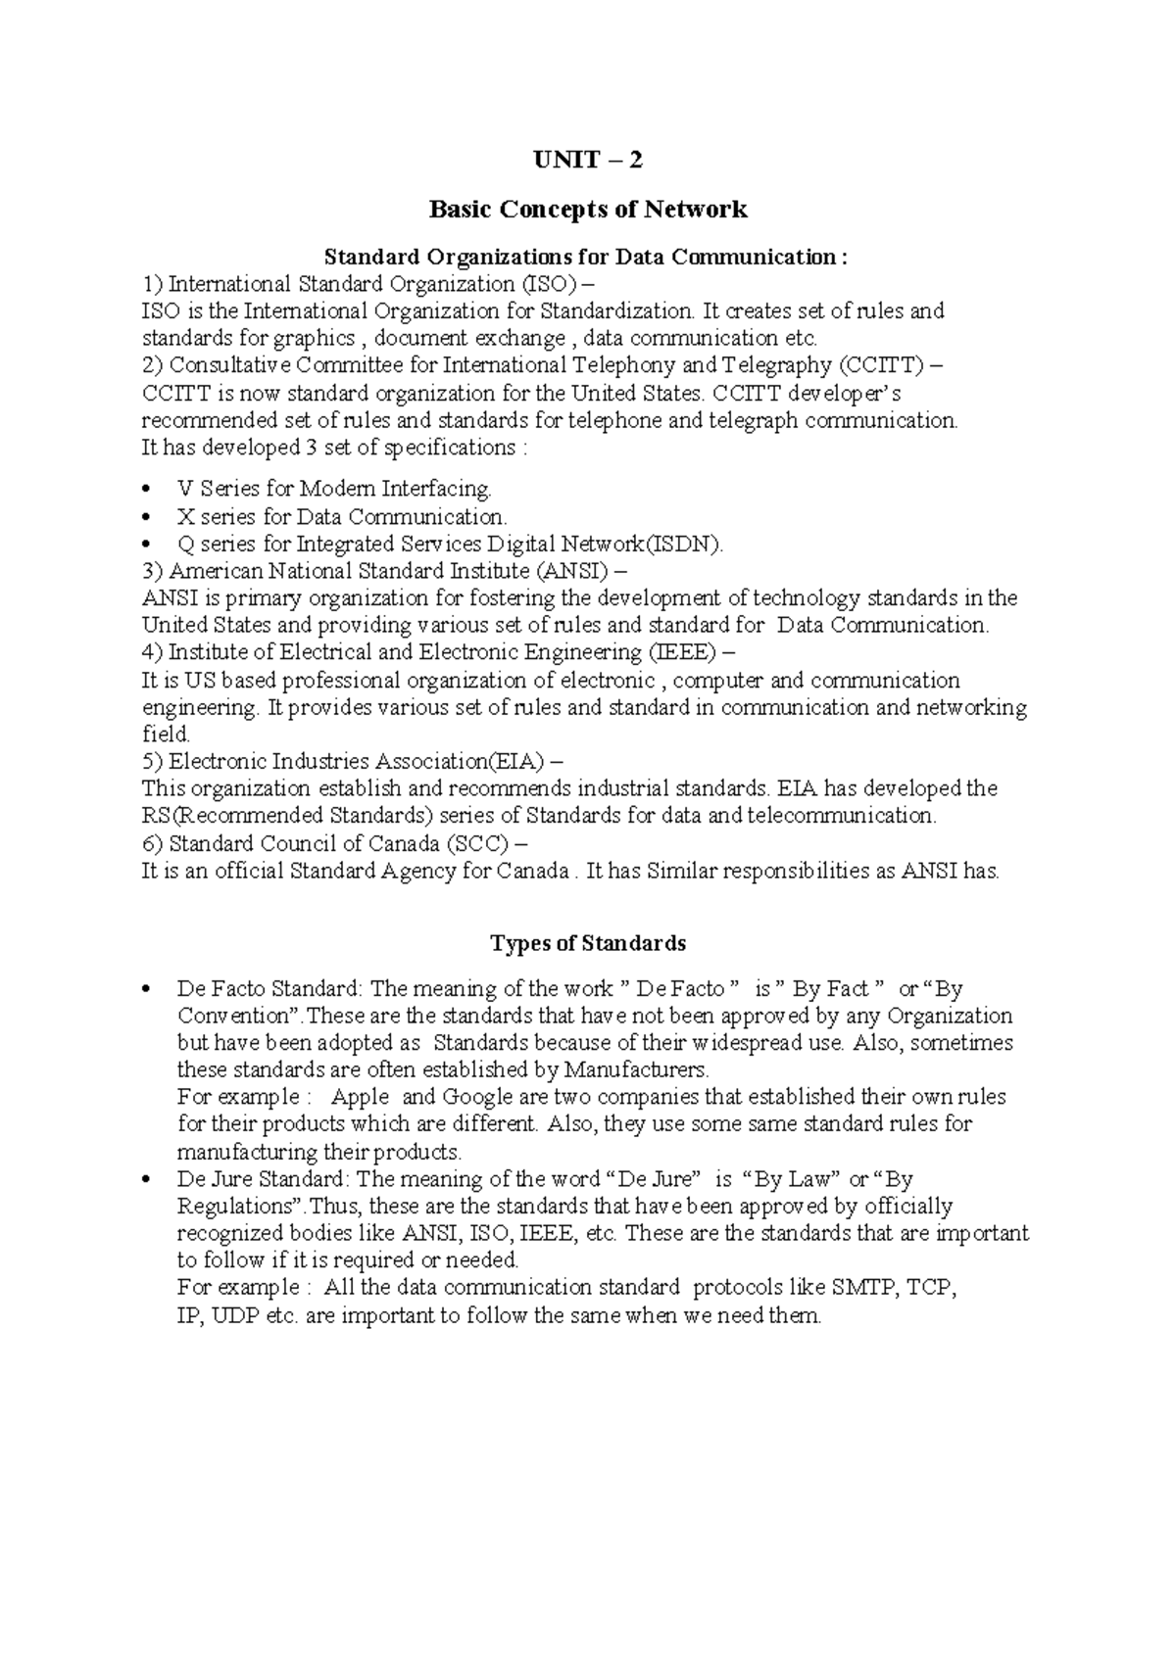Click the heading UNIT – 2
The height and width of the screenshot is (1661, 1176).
click(587, 160)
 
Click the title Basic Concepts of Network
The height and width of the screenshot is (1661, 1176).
click(588, 209)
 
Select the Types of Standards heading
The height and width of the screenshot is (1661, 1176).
click(587, 943)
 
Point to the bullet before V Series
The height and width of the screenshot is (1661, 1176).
click(146, 489)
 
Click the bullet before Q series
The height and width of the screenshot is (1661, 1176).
click(146, 544)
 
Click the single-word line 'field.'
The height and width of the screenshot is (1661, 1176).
click(166, 734)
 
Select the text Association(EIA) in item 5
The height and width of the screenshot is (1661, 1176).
click(465, 761)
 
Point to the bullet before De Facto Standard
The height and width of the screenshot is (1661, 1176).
click(146, 990)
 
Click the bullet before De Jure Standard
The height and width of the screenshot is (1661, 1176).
click(146, 1180)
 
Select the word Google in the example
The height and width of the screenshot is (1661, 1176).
click(475, 1097)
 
